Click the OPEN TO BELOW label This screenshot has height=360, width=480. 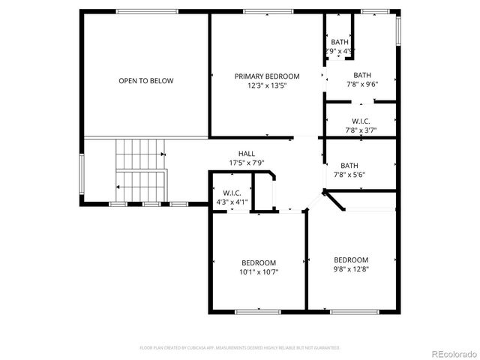pyautogui.click(x=145, y=80)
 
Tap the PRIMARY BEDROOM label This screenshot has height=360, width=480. pyautogui.click(x=266, y=76)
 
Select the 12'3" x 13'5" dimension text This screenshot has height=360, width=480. pyautogui.click(x=266, y=85)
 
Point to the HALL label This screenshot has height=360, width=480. pyautogui.click(x=247, y=153)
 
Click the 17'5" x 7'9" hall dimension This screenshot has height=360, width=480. pyautogui.click(x=247, y=163)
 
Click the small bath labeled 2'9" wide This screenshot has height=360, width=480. pyautogui.click(x=339, y=46)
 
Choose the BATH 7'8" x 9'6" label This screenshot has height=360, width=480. pyautogui.click(x=362, y=79)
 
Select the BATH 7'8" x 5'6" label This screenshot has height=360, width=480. pyautogui.click(x=349, y=170)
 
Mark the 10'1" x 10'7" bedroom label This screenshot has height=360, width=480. pyautogui.click(x=259, y=267)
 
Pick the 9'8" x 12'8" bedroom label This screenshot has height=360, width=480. pyautogui.click(x=351, y=264)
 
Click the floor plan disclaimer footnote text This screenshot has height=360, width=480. pyautogui.click(x=240, y=348)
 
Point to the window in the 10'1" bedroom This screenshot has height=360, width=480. pyautogui.click(x=258, y=310)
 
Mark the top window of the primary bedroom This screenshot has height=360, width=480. pyautogui.click(x=258, y=11)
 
